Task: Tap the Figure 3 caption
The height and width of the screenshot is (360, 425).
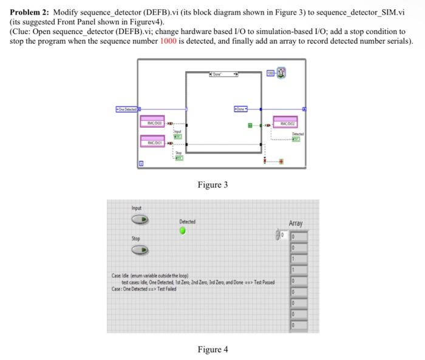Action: click(x=212, y=185)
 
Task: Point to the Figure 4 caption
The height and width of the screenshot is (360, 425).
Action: click(x=212, y=349)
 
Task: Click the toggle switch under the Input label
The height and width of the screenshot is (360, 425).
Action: click(x=139, y=220)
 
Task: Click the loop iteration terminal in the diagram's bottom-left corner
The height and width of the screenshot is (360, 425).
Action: click(x=141, y=164)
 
